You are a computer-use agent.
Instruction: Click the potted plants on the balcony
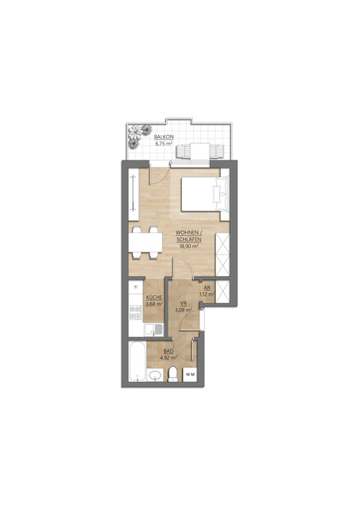[x=141, y=134]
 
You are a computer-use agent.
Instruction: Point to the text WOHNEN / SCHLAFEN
[x=188, y=236]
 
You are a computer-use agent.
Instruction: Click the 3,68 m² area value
[x=153, y=304]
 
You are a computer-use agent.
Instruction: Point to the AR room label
[x=206, y=288]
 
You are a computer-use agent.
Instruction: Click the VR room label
[x=182, y=304]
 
